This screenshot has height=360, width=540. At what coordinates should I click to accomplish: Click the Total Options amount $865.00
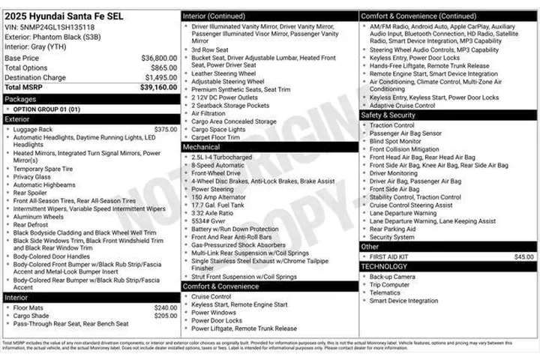click(x=164, y=67)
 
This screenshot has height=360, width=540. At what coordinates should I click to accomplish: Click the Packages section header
click(x=20, y=99)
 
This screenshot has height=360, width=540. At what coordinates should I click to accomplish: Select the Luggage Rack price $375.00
click(x=165, y=129)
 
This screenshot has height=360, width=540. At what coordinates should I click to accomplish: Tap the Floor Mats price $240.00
click(x=165, y=307)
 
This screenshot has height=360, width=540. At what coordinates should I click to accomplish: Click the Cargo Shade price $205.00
click(x=165, y=316)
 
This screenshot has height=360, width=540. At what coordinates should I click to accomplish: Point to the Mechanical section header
click(x=202, y=147)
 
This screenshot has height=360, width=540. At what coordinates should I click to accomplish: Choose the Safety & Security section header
click(x=388, y=115)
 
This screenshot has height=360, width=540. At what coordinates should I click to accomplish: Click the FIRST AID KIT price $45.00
click(x=523, y=256)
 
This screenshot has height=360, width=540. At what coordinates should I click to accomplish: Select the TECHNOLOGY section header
click(x=384, y=266)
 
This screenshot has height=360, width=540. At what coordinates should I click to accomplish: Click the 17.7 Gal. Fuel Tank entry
click(x=217, y=205)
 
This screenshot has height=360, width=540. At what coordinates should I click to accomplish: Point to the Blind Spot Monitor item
click(x=395, y=141)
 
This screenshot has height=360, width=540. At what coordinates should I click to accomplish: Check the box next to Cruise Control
click(x=186, y=296)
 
